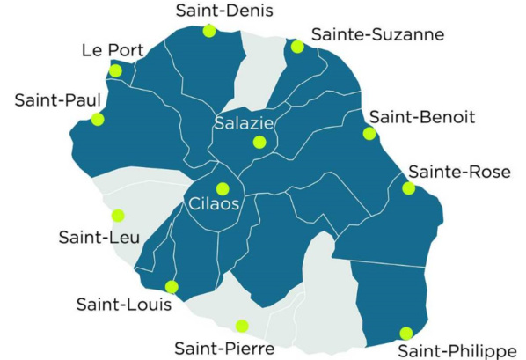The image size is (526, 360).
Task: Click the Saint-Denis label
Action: tap(211, 11)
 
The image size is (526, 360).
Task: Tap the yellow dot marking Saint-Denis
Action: tap(209, 31)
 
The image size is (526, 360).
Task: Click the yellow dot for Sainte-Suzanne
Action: tap(296, 47)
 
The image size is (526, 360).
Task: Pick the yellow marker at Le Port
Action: tap(115, 70)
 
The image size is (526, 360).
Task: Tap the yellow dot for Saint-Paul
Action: tap(97, 119)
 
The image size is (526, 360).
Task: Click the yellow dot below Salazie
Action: tap(259, 142)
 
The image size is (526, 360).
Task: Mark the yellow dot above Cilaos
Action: tap(223, 187)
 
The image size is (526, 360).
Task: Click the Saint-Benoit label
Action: tap(422, 117)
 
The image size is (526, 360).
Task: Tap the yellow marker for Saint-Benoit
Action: tap(369, 134)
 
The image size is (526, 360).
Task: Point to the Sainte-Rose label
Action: tap(459, 172)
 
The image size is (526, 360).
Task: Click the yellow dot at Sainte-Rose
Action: tap(408, 187)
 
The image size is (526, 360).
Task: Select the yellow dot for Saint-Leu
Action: tap(118, 215)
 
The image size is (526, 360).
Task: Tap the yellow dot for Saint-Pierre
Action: tap(242, 326)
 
